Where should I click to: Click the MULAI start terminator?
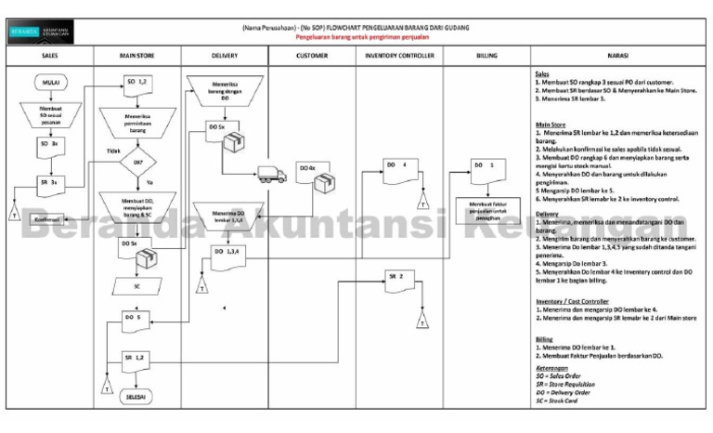[x=50, y=83]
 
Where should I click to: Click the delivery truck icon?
[x=273, y=174]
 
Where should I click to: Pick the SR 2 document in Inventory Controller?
[x=398, y=278]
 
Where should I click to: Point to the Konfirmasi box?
[x=48, y=219]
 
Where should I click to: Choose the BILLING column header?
[x=486, y=55]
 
